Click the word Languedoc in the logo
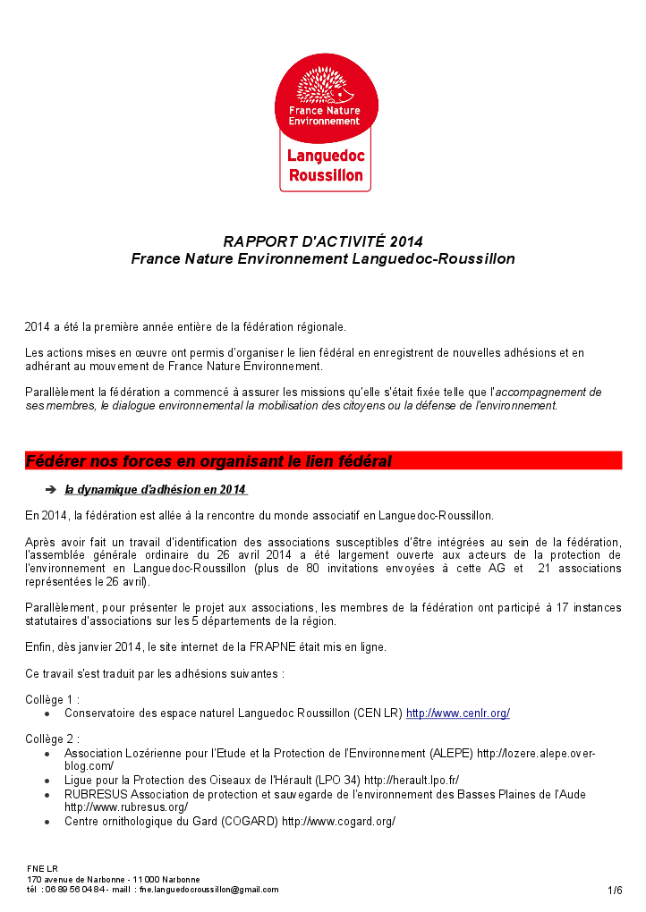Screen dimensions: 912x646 (x=326, y=156)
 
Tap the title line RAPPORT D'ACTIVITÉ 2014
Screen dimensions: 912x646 (x=323, y=241)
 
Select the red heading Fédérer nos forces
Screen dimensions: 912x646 (x=208, y=461)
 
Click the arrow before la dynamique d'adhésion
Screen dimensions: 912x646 (x=50, y=489)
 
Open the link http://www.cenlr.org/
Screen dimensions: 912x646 (x=458, y=714)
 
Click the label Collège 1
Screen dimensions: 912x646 (x=52, y=699)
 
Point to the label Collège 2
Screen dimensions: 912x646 (x=52, y=739)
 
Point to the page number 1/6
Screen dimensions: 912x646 (x=615, y=890)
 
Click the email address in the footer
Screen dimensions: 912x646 (x=208, y=890)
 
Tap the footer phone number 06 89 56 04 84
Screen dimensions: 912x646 (x=75, y=890)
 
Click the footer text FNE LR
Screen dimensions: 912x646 (x=42, y=868)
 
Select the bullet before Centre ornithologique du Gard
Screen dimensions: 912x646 (x=47, y=822)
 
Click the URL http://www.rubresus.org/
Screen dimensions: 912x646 (x=125, y=807)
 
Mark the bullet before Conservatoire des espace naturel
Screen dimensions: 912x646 (x=47, y=714)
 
